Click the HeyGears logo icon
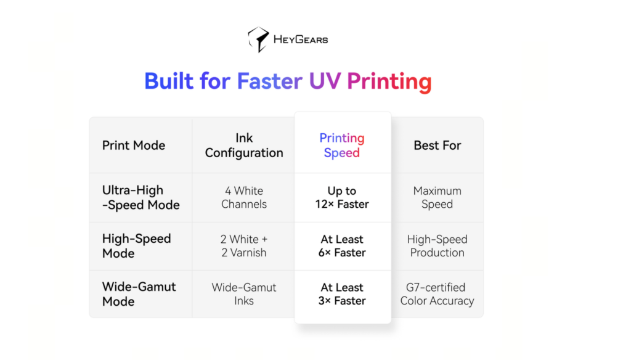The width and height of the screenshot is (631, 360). (x=258, y=39)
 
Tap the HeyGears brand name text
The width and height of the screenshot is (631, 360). (x=301, y=39)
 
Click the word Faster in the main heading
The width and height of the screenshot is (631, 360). (x=270, y=81)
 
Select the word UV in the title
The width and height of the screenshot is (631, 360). (x=325, y=81)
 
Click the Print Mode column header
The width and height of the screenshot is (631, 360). (x=134, y=145)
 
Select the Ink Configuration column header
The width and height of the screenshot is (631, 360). (x=244, y=145)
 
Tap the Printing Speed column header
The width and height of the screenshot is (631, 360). (x=342, y=145)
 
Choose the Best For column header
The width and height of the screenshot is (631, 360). (x=438, y=145)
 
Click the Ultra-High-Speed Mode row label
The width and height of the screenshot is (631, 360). (x=141, y=197)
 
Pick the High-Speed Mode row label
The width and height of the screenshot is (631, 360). (x=136, y=245)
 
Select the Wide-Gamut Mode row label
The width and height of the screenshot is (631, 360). (x=139, y=294)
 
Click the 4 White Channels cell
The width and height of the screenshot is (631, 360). (x=244, y=197)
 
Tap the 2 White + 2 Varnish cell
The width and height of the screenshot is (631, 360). (x=244, y=245)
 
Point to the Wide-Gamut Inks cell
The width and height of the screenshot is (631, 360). (x=244, y=294)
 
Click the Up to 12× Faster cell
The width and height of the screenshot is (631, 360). (x=342, y=197)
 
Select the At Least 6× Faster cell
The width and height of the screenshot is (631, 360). (x=342, y=245)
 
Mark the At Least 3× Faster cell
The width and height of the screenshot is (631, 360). (x=342, y=294)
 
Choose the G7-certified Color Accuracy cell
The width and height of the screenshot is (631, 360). (x=437, y=294)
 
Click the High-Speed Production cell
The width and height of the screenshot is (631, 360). (x=437, y=245)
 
